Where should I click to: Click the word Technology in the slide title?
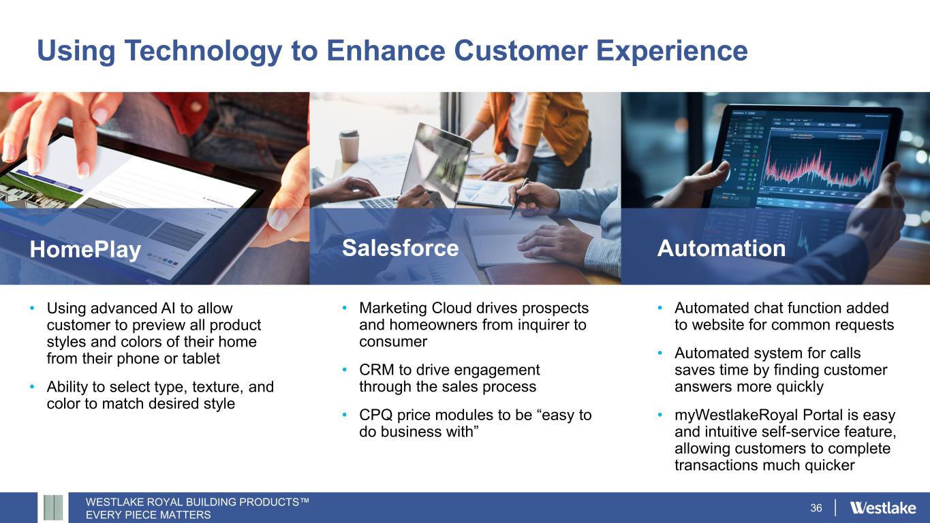(203, 52)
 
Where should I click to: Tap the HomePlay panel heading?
(86, 250)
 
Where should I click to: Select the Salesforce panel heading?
(400, 248)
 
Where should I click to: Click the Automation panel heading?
(722, 248)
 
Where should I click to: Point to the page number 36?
(816, 508)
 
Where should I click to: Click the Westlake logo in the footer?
(883, 507)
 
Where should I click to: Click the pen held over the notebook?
(519, 198)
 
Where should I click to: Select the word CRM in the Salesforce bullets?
(377, 369)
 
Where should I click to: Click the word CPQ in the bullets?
(375, 415)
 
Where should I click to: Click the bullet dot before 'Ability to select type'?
(32, 387)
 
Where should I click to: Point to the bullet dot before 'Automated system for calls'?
(660, 353)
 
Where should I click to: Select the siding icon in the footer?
(53, 507)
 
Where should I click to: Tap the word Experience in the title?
(672, 52)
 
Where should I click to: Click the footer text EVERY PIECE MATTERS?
(149, 515)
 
